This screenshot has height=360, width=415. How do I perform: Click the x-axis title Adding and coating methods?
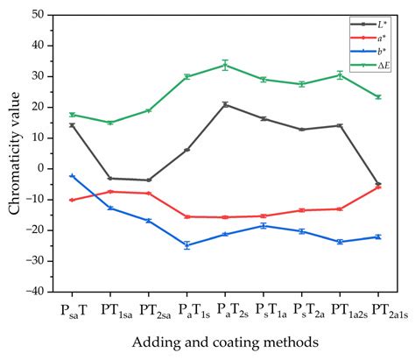(x=225, y=342)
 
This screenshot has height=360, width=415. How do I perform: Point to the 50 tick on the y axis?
(x=40, y=15)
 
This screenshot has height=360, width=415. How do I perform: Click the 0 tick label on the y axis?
(x=44, y=168)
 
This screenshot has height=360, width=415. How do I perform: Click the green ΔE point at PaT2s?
(x=225, y=65)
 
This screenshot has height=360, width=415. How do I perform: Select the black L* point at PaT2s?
(x=225, y=104)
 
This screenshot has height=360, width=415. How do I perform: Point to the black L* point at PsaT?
(x=72, y=125)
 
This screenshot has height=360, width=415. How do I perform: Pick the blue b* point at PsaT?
(x=72, y=176)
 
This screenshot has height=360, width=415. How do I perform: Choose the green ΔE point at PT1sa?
(x=110, y=123)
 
